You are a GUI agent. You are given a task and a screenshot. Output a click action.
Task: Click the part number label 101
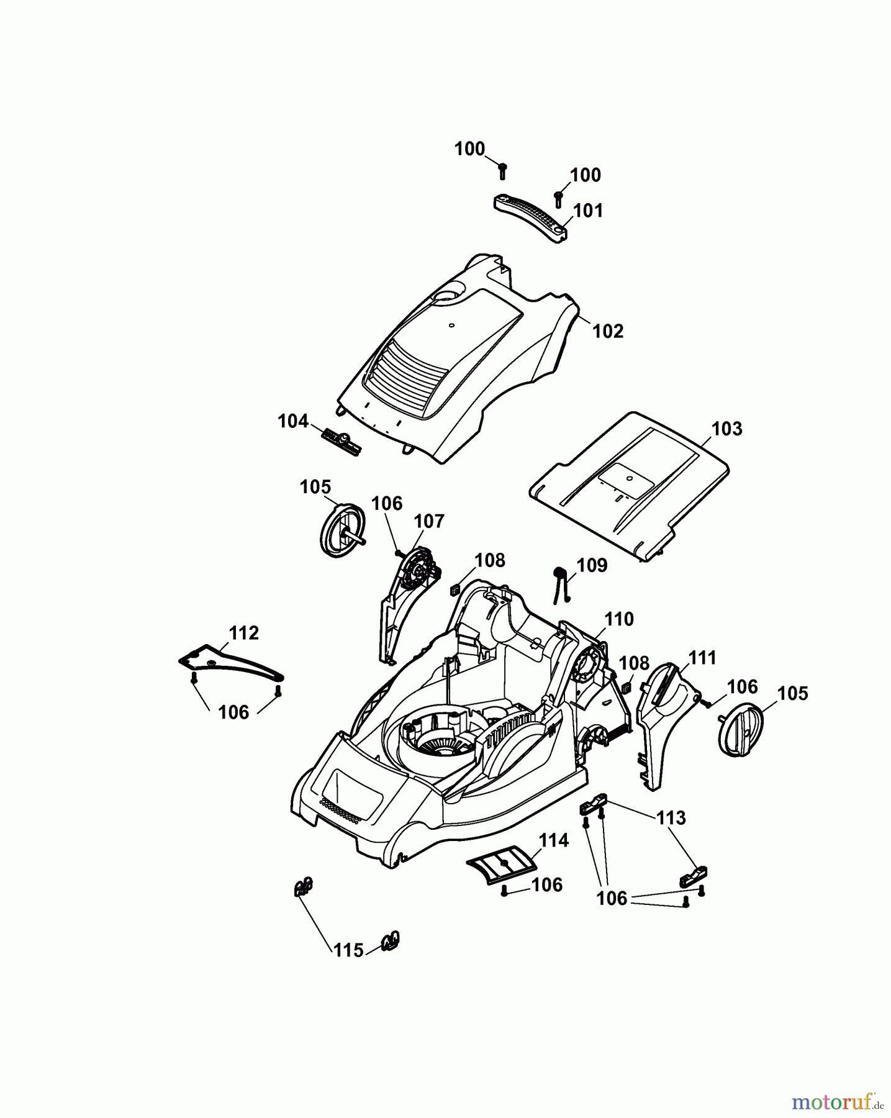coord(588,211)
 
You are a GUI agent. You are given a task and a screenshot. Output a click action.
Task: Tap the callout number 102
coord(608,331)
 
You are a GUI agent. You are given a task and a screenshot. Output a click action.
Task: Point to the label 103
coord(726,429)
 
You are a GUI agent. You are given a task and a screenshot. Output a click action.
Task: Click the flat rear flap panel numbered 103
coord(627,484)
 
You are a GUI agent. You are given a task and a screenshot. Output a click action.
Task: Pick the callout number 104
coord(293,421)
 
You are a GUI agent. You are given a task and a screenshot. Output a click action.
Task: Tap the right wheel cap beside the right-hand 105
coord(740,729)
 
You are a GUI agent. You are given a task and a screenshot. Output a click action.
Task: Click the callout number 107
coord(430,520)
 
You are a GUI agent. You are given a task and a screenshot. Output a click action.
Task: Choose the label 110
coord(619,619)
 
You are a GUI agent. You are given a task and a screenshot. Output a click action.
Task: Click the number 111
coord(702,657)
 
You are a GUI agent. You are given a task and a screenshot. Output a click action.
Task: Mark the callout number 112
coord(243,633)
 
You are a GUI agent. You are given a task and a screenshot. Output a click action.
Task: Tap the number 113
coord(671,817)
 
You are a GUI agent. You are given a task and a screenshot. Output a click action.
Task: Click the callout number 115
coord(348,950)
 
